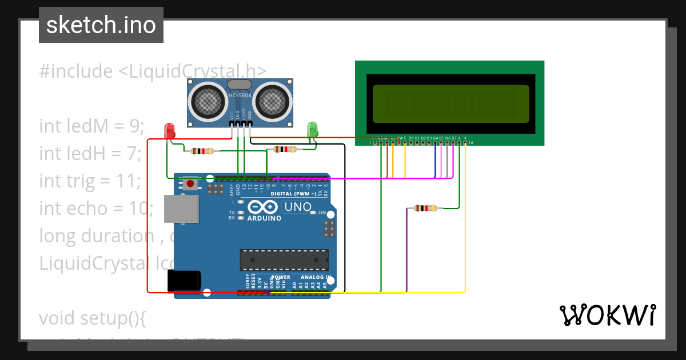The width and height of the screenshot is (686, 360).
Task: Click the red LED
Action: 169,130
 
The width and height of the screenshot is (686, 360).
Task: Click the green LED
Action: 312,129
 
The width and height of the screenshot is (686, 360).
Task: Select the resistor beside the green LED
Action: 285,149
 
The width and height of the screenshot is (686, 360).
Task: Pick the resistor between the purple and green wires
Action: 425,209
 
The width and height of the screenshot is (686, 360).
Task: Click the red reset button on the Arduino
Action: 190,183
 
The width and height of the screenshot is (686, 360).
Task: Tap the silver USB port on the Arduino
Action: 181,209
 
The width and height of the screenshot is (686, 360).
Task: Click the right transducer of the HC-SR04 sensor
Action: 271,102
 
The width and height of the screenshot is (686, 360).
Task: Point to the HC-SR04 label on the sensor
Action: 240,95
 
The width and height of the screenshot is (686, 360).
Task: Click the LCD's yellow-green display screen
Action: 451,103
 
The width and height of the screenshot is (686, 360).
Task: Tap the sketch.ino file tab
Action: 101,25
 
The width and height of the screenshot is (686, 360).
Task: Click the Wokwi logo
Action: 607,315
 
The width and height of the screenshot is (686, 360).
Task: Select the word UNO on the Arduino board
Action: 298,207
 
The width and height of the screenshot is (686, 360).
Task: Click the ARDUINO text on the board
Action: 264,218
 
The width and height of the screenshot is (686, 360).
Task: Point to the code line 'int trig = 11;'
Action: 90,181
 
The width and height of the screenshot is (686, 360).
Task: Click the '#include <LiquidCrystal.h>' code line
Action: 152,71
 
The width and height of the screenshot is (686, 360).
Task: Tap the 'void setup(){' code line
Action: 93,318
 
